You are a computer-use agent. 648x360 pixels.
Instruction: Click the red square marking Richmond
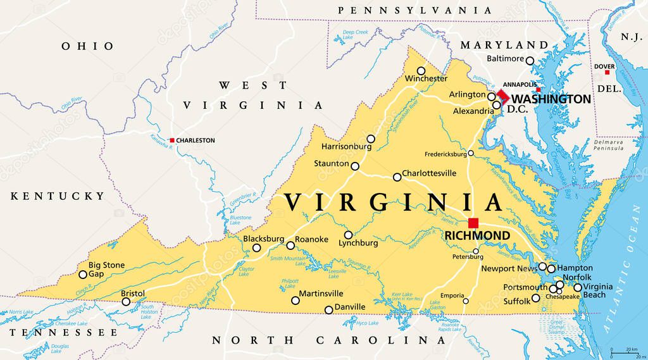(x=473, y=223)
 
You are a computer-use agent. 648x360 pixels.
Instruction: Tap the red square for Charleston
(x=171, y=140)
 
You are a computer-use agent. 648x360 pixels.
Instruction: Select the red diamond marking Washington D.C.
(x=502, y=96)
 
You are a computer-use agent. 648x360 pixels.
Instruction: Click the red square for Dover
(x=607, y=73)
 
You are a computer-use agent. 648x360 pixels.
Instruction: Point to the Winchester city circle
(x=421, y=71)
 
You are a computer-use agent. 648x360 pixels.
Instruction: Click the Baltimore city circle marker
(x=530, y=61)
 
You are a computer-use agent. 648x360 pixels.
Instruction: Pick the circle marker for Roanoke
(x=290, y=245)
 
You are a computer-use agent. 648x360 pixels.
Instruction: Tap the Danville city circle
(x=328, y=309)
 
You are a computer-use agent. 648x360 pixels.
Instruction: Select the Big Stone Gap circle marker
(x=83, y=275)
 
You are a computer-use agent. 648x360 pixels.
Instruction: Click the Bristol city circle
(x=126, y=302)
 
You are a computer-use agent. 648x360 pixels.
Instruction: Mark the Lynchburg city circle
(x=348, y=235)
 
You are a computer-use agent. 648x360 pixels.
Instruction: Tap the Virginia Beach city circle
(x=577, y=287)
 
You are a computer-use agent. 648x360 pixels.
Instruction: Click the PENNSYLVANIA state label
(x=414, y=11)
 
